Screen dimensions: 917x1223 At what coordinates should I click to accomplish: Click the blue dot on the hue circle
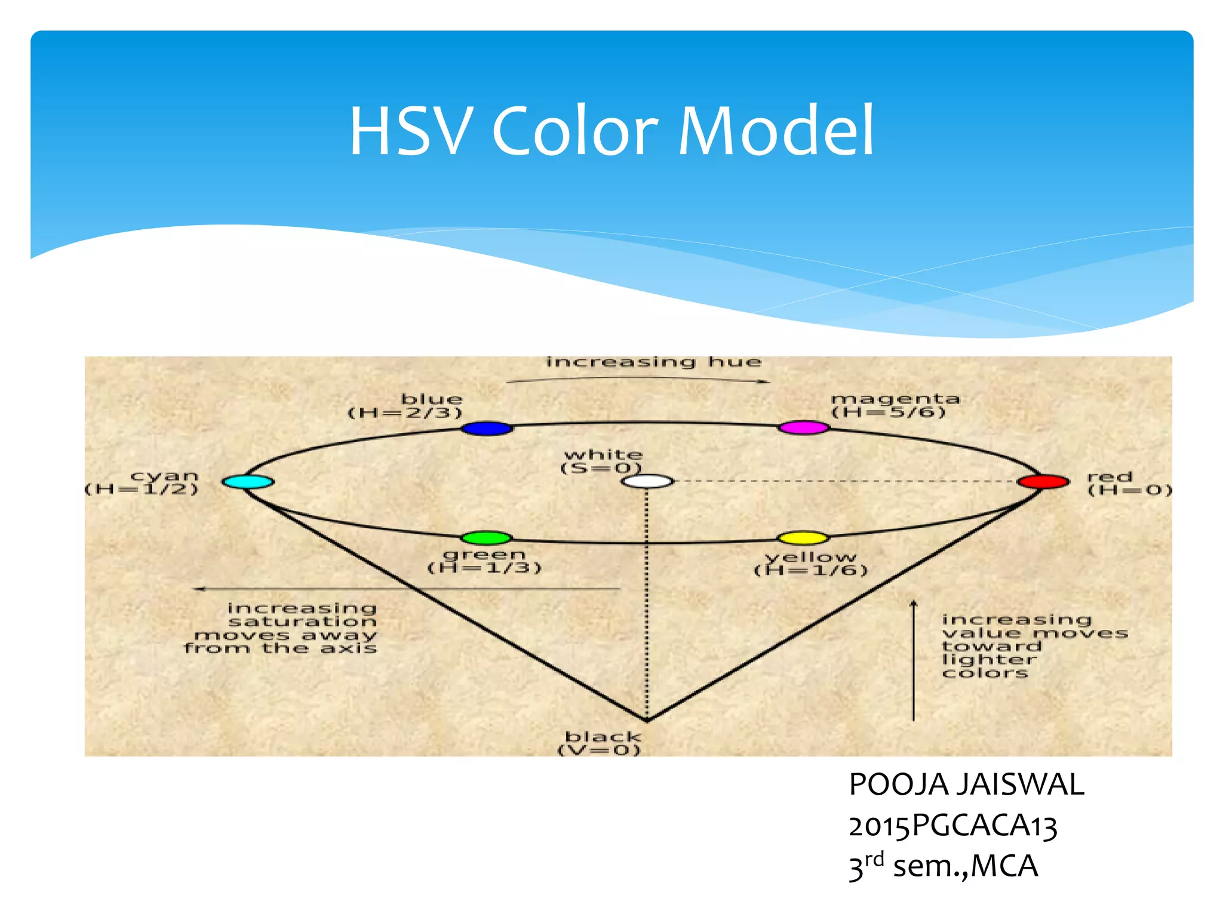click(x=487, y=428)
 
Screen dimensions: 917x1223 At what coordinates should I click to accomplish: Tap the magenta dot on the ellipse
click(x=804, y=427)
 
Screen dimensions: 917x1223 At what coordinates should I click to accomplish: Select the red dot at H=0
click(x=1043, y=482)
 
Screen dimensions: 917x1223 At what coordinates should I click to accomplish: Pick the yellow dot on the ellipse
click(x=804, y=538)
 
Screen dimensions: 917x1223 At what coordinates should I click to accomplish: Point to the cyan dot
click(x=248, y=482)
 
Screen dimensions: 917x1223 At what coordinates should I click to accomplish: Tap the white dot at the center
click(x=647, y=482)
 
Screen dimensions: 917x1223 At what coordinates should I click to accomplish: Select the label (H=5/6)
click(x=889, y=413)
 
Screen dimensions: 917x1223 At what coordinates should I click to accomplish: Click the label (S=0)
click(x=601, y=469)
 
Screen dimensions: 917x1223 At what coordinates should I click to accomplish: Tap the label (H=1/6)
click(x=811, y=571)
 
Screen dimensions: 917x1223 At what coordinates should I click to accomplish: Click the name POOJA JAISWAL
click(x=966, y=784)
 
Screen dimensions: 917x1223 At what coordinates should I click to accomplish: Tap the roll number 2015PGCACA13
click(x=953, y=826)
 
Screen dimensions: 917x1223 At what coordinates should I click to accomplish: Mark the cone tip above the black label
click(x=647, y=720)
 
